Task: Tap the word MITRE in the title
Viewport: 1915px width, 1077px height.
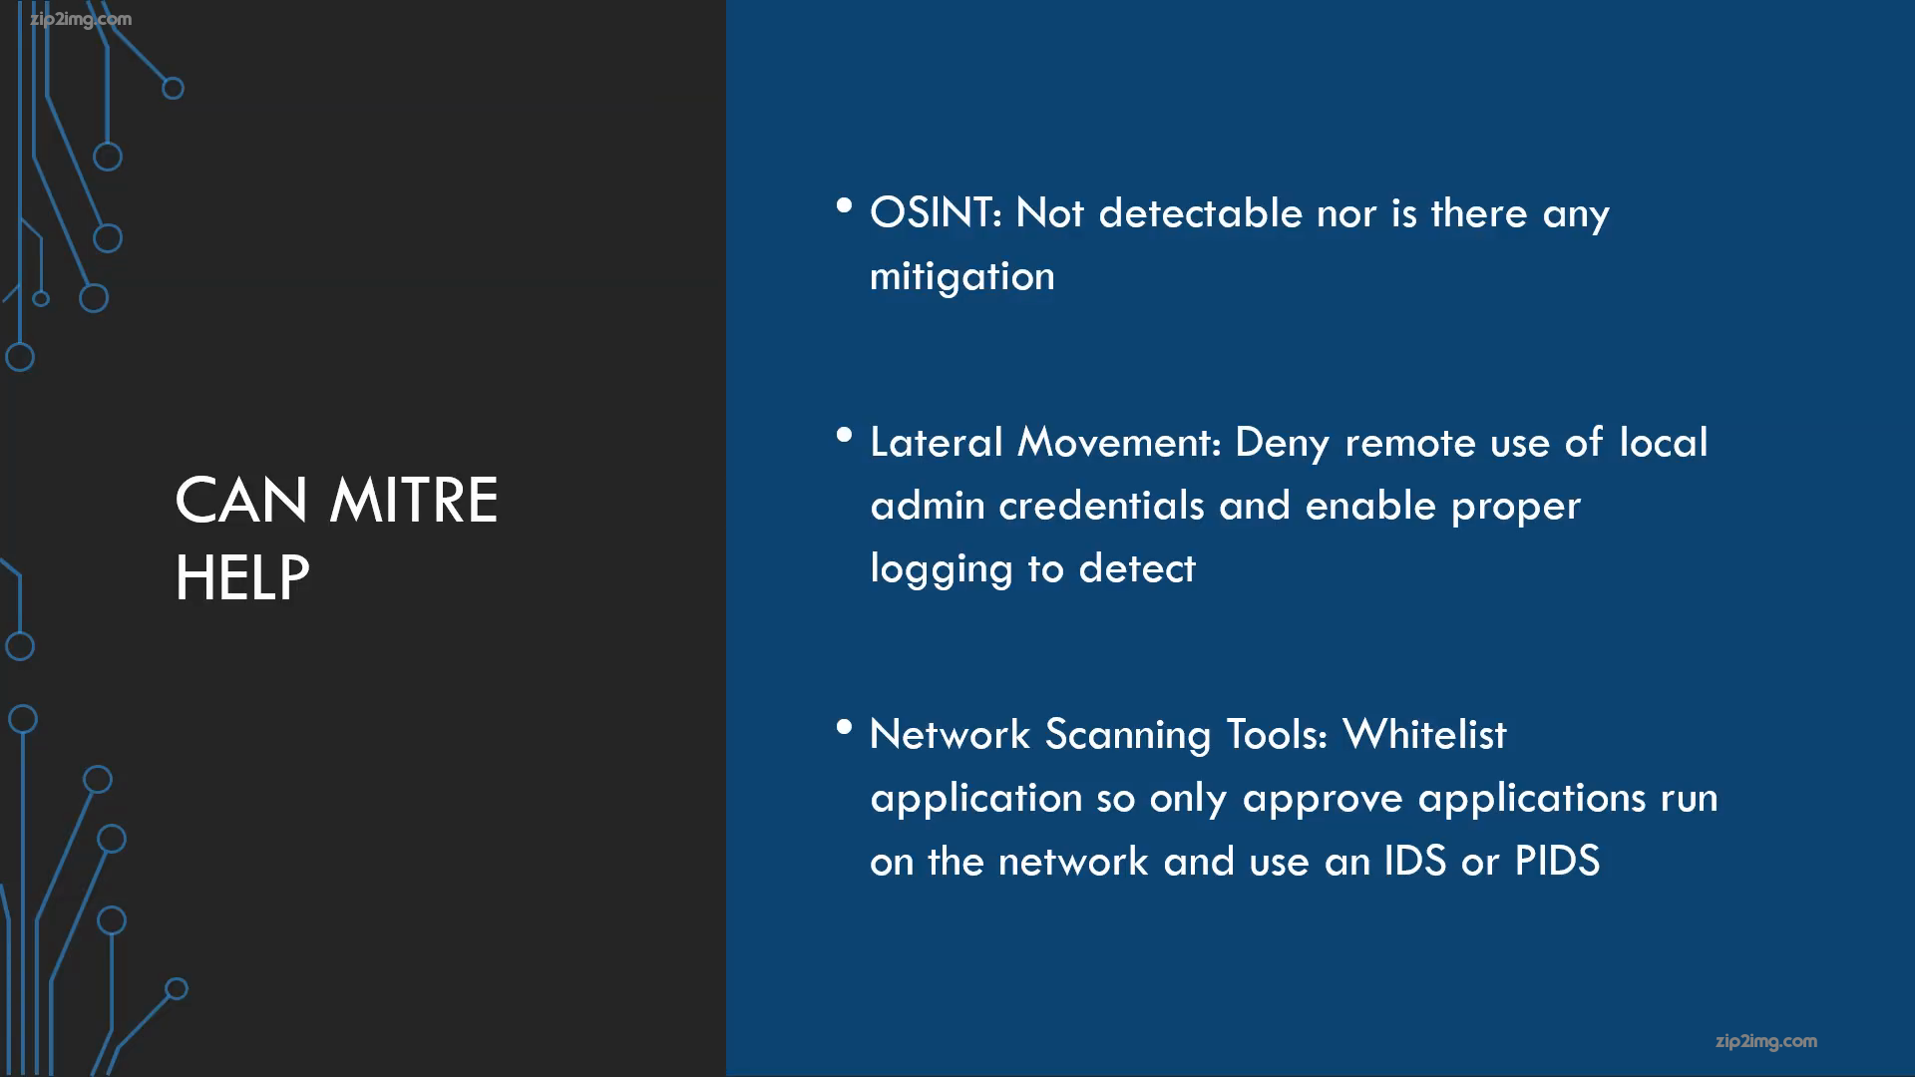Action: pos(413,500)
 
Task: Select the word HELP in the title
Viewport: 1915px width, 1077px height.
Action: pos(242,577)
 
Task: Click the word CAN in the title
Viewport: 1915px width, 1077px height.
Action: pos(241,500)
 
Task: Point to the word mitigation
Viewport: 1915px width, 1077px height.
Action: pos(962,277)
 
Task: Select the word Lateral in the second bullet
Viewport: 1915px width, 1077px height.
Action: pos(936,442)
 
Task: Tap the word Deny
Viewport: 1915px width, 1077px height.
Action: pos(1282,444)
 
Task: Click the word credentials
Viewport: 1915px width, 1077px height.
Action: pos(1101,506)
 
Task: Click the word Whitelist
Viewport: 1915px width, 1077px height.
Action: pos(1424,735)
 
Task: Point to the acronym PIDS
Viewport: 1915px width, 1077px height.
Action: pos(1557,862)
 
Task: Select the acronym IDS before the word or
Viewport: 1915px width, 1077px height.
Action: pos(1414,862)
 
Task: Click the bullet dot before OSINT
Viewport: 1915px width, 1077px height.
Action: pos(845,205)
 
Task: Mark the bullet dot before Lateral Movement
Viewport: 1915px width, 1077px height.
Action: pos(845,435)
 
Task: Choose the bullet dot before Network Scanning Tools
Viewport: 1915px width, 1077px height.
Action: pos(845,727)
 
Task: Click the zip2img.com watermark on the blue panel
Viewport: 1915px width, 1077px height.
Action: pos(1766,1042)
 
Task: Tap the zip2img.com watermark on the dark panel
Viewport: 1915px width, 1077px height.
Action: pos(81,20)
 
